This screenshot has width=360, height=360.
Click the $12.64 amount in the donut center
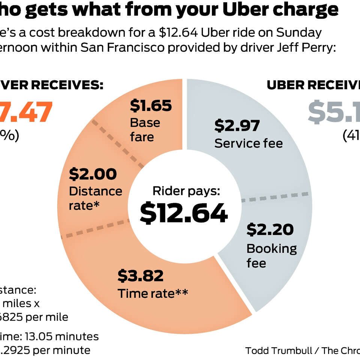[x=184, y=213]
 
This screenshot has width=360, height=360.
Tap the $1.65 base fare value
[x=151, y=106]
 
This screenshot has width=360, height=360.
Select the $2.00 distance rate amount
[x=93, y=174]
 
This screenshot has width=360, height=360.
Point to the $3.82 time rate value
[x=141, y=276]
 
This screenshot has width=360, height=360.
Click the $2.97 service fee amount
[x=237, y=126]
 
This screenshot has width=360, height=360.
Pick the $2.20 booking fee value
[x=270, y=229]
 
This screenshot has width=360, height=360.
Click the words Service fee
[x=249, y=143]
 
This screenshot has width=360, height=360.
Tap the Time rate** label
[x=153, y=293]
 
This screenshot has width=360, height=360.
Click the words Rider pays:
[x=186, y=191]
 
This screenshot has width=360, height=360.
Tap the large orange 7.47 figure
[x=26, y=112]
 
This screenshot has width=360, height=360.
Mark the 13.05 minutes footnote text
[x=67, y=336]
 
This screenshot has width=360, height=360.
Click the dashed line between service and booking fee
[x=276, y=197]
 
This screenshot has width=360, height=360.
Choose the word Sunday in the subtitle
[x=299, y=33]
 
